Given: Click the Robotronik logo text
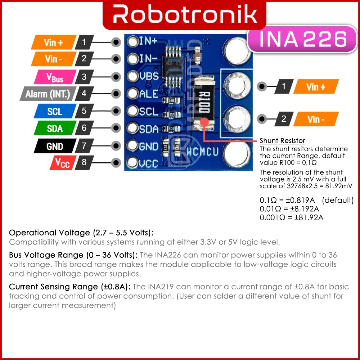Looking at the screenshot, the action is point(185,14).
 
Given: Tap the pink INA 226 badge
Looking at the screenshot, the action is point(302,39).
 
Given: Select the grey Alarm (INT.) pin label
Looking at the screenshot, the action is point(48,94).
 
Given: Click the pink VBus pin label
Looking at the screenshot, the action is point(55,77).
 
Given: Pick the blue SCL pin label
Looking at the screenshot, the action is point(55,111).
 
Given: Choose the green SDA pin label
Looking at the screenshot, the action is point(55,128).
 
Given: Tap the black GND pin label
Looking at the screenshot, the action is point(55,146).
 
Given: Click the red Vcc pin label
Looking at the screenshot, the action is point(63,163).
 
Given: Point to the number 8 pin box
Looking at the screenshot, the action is point(84,163).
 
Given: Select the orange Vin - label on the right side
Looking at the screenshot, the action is point(316,119).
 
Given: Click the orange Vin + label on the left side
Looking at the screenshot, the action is point(54,42).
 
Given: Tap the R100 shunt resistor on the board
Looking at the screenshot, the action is point(204,104).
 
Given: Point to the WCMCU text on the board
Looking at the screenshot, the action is point(202,151).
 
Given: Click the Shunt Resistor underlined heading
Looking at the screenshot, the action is point(282,140).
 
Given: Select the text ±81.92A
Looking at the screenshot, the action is point(309,217).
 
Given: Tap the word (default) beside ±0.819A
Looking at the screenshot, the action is point(338,200).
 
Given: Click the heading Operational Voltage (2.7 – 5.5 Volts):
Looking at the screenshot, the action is point(81,233).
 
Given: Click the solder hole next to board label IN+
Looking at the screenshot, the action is point(133,41).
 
